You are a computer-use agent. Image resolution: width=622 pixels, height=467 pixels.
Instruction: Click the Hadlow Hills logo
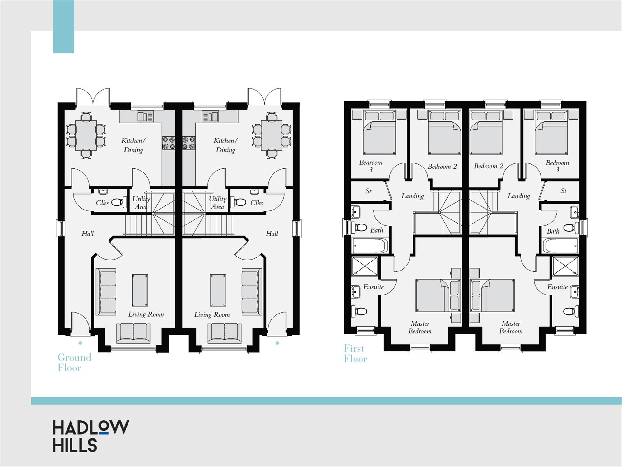point(91,436)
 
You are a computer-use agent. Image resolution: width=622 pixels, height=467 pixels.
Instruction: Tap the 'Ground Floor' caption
point(74,362)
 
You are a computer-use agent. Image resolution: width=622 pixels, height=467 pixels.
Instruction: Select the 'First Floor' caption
point(355,353)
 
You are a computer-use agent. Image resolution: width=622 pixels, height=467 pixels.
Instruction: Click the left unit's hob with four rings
point(169,143)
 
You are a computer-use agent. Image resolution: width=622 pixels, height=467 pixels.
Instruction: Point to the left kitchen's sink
point(145,116)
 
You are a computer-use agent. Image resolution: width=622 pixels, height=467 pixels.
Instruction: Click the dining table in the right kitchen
point(272,135)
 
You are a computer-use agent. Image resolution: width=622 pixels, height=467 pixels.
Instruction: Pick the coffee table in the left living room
point(140,290)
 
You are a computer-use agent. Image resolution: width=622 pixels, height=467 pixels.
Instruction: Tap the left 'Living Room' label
point(146,314)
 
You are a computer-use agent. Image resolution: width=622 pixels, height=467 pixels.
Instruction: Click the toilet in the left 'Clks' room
point(119,202)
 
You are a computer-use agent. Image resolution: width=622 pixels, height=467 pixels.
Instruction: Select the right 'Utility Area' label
point(218,203)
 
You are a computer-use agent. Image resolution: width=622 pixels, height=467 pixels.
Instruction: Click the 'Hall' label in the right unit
point(272,233)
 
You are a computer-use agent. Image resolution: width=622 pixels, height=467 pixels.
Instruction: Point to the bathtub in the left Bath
point(370,246)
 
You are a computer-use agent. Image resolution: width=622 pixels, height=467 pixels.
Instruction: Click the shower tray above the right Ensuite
point(565,266)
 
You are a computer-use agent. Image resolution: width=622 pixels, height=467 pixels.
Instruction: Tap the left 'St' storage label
point(368,191)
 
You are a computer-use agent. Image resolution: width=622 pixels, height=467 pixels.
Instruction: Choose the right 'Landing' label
point(518,196)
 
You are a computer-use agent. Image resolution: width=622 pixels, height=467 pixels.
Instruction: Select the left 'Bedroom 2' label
point(442,167)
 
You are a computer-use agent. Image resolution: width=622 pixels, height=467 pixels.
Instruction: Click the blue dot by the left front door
point(80,343)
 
